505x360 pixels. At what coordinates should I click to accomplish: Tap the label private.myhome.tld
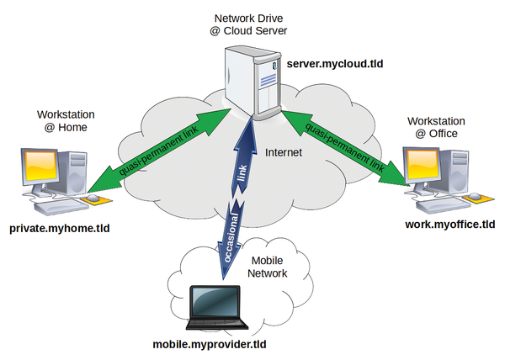click(59, 228)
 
